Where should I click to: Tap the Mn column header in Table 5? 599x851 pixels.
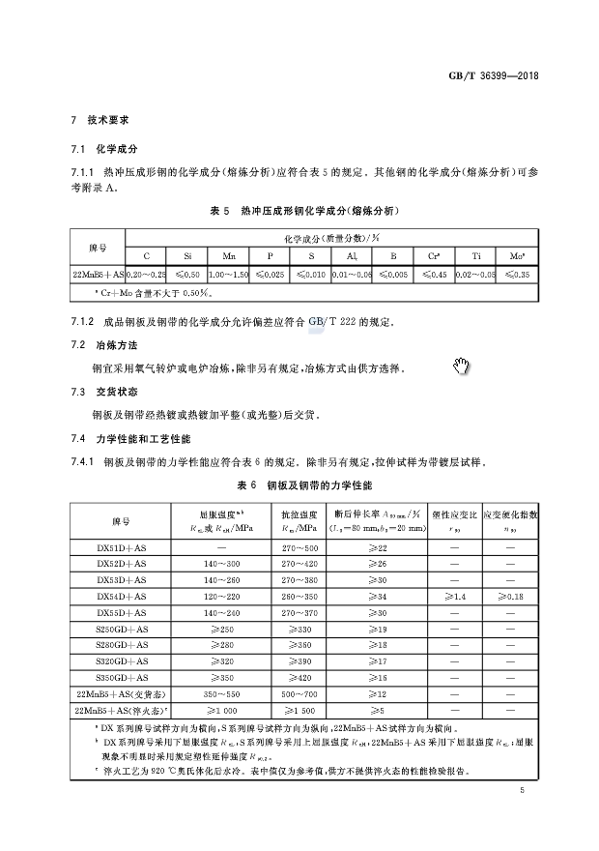[x=229, y=256]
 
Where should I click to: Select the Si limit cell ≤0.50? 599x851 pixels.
[x=188, y=276]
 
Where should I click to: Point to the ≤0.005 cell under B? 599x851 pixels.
[x=393, y=276]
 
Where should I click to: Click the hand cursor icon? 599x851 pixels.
[x=461, y=366]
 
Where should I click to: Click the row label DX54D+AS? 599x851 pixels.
[x=122, y=597]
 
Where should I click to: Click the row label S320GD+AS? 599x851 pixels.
[x=122, y=661]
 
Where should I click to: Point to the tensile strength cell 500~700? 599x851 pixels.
[x=299, y=694]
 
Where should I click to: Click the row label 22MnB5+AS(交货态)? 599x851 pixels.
[x=122, y=694]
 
